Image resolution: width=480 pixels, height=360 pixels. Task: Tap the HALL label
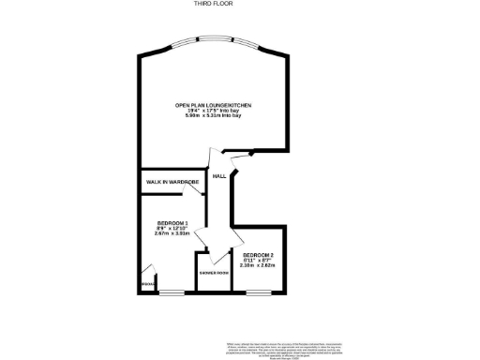click(219, 176)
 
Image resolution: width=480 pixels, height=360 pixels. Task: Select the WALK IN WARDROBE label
click(172, 181)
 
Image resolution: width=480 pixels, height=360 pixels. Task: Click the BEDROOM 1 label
click(172, 222)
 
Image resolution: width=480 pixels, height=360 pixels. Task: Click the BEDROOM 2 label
click(258, 255)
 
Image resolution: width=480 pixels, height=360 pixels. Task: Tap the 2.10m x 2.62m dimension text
click(258, 266)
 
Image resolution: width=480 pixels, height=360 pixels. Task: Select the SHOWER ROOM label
click(214, 273)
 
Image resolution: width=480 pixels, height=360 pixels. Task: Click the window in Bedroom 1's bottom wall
click(171, 293)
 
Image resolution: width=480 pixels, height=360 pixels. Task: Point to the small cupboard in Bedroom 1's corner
click(148, 282)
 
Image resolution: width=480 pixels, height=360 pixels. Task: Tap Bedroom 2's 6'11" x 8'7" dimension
click(258, 261)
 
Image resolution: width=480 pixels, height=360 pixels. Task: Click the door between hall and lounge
click(216, 157)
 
